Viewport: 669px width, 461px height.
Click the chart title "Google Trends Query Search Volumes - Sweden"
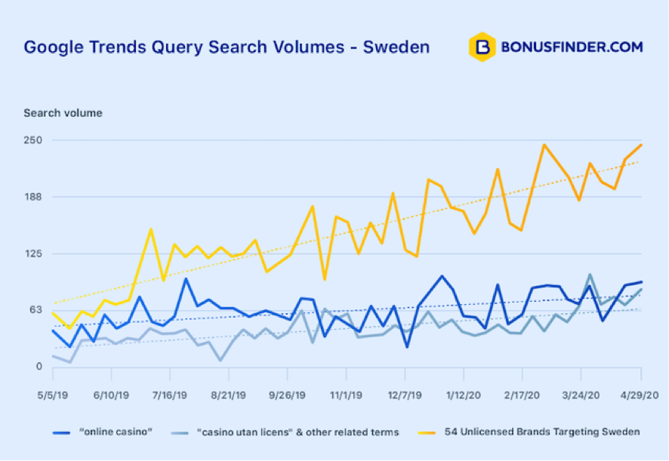pos(227,47)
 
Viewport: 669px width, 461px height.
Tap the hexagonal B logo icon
pos(481,47)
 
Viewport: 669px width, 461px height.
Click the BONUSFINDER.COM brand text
pos(572,47)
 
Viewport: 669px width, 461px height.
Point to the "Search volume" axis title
pos(63,113)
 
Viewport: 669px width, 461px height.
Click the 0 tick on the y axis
pos(37,367)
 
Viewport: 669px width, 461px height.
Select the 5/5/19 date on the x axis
pos(52,395)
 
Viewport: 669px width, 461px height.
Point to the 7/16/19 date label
pos(170,395)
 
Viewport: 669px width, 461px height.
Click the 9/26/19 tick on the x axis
pos(288,395)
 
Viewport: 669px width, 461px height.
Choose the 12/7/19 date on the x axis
pos(405,395)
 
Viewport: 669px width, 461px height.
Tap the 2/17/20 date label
pos(523,395)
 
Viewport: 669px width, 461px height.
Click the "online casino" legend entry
pos(106,432)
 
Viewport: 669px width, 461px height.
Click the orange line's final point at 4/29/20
pos(641,145)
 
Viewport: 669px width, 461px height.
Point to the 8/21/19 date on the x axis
pos(229,395)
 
